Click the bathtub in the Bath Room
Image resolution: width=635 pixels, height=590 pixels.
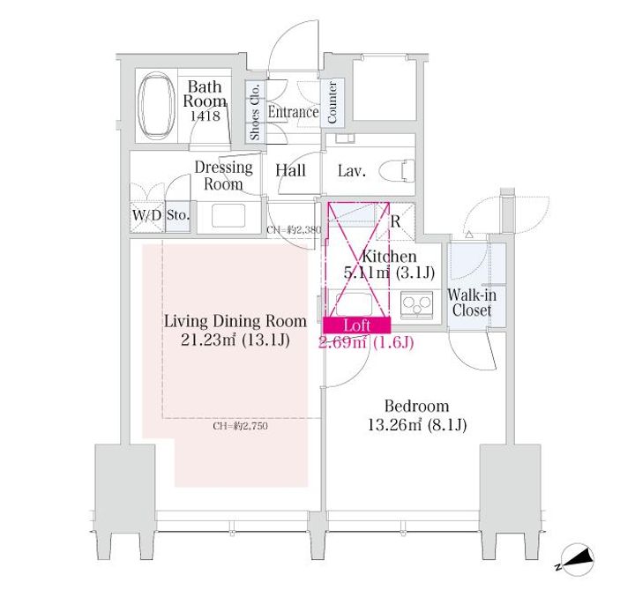coord(156,106)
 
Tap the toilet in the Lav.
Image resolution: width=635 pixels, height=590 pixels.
coord(397,170)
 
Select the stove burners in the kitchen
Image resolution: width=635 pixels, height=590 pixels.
coord(416,303)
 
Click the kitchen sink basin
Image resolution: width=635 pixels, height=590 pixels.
coord(353,304)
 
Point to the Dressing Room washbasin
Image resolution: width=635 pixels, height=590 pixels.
coord(228,215)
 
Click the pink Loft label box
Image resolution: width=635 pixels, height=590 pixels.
coord(357,325)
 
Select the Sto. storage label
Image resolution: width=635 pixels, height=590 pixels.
coord(178,214)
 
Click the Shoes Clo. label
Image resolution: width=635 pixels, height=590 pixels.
coord(254,111)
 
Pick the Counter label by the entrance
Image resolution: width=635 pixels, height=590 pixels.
coord(332,102)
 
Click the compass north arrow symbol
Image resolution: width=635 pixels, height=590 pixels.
coord(577,560)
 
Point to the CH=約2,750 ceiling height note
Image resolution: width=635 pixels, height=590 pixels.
coord(240,426)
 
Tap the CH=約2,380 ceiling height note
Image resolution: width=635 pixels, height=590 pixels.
coord(294,230)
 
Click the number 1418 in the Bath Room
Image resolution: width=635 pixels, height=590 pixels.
coord(205,116)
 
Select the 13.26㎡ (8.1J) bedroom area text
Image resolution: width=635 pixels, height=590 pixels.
coord(417,425)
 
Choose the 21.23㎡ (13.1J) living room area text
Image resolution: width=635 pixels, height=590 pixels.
coord(235,340)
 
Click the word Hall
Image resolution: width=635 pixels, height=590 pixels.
coord(290,170)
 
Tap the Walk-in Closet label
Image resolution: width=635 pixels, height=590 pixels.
coord(472,302)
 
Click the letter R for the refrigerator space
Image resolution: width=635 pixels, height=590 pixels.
coord(395,221)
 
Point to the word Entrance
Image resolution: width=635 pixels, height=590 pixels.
coord(293,112)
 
